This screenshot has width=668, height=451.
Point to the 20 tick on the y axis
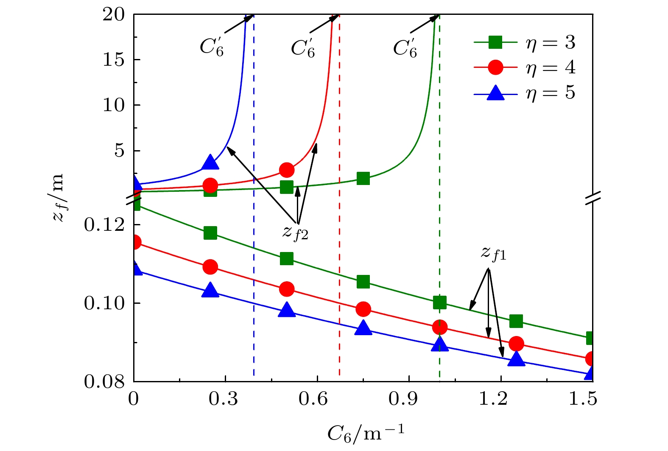click(114, 15)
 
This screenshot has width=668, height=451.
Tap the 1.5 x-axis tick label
click(583, 399)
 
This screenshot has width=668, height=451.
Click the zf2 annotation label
click(295, 232)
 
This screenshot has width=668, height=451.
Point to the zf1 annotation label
click(493, 253)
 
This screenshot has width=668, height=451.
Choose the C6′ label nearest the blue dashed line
click(212, 47)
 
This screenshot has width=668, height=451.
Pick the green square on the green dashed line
click(440, 303)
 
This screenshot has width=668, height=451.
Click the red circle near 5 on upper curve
click(287, 170)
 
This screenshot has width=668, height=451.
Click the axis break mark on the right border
click(593, 198)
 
